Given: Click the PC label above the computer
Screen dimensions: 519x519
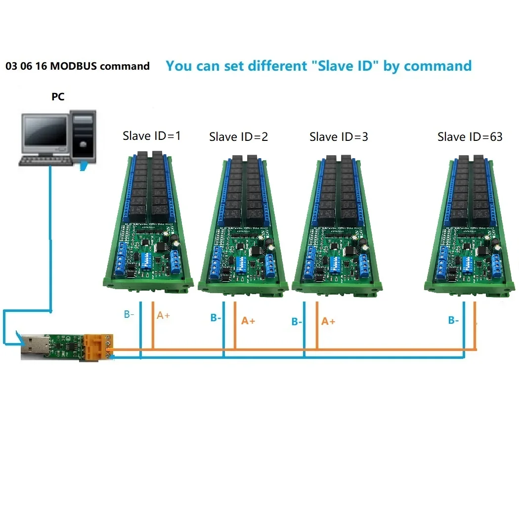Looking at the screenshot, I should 58,97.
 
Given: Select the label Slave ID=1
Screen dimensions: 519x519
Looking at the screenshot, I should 152,135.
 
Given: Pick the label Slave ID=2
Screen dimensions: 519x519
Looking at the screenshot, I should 238,137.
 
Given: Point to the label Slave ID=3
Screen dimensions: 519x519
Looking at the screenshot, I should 339,137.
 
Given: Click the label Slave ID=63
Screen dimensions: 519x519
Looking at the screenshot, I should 470,137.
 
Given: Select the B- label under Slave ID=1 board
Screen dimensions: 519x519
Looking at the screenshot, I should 129,314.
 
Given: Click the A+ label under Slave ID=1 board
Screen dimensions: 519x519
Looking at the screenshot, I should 163,315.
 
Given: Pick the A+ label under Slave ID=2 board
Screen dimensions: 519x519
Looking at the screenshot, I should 248,321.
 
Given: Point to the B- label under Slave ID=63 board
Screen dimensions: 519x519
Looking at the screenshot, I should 454,320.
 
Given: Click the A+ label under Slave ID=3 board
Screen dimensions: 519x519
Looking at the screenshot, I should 328,321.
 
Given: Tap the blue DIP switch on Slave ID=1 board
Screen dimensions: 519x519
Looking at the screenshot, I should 147,259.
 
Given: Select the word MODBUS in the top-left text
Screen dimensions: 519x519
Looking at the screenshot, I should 73,66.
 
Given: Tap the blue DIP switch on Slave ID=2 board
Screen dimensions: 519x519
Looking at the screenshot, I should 241,263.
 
